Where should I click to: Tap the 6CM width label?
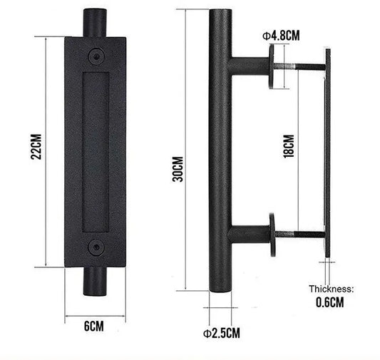point(94,326)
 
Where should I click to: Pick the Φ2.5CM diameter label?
point(220,332)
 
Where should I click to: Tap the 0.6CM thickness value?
point(329,302)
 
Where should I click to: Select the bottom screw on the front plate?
point(95,247)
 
